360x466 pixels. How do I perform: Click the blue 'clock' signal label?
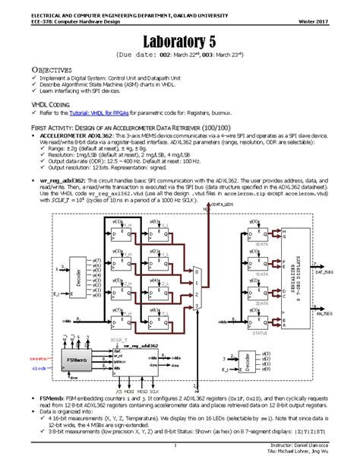click(39, 367)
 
